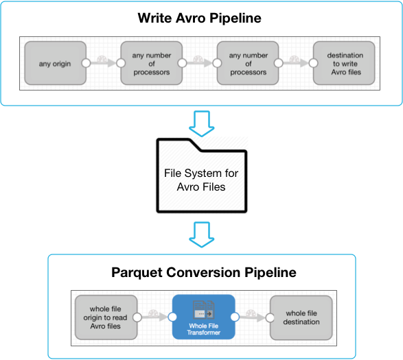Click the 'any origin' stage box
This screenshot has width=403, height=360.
(x=55, y=63)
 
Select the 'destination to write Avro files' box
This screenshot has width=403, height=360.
(x=344, y=63)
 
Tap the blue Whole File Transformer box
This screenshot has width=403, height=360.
(x=203, y=317)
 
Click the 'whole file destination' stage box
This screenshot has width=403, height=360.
(x=301, y=317)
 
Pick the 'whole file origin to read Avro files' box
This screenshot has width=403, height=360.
(x=106, y=317)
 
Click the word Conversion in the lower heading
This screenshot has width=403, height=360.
(x=203, y=272)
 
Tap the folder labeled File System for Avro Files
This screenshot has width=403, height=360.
(x=202, y=176)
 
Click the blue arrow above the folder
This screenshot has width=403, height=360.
(x=202, y=123)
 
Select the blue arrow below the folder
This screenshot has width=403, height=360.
(x=202, y=235)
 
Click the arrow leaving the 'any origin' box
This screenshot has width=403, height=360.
(x=103, y=63)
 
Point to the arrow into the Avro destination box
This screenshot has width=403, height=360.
(x=296, y=63)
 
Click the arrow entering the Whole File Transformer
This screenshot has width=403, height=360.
(x=155, y=317)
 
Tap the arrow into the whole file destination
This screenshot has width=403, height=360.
(x=253, y=317)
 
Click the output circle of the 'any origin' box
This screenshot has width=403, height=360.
(x=86, y=63)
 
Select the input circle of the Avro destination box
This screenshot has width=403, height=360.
(x=313, y=63)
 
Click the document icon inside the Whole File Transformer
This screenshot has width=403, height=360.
(x=204, y=310)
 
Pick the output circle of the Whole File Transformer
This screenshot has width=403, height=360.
(x=235, y=317)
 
